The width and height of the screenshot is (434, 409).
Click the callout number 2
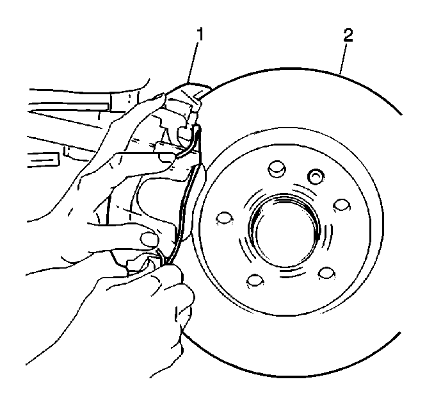348,35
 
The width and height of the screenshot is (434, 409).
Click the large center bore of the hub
285,230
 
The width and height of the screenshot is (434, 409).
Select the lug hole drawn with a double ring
316,176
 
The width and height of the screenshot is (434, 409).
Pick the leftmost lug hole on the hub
224,218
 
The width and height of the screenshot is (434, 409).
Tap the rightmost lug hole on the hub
342,206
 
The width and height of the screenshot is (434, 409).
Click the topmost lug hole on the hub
277,169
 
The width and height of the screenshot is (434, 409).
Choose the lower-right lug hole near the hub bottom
326,274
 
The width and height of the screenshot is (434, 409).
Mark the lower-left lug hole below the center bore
255,281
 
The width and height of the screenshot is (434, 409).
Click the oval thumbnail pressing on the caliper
150,238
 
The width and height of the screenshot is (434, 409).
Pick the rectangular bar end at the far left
44,160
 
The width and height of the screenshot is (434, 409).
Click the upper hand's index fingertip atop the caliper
161,99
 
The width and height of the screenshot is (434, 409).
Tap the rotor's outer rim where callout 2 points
340,74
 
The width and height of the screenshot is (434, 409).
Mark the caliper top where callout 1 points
188,83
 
